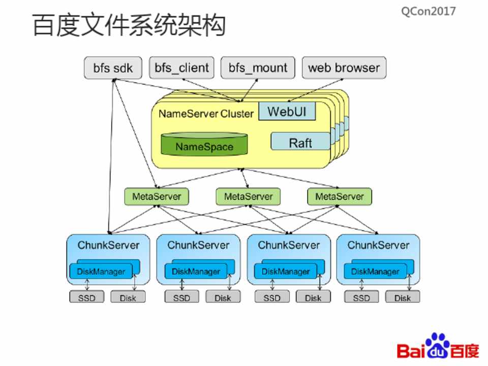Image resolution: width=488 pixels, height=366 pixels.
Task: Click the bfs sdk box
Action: pyautogui.click(x=112, y=68)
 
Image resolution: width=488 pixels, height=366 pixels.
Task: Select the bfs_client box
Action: pyautogui.click(x=181, y=68)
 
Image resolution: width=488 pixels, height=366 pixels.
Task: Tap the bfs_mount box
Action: pyautogui.click(x=258, y=68)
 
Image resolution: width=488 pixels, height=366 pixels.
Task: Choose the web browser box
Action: pyautogui.click(x=344, y=68)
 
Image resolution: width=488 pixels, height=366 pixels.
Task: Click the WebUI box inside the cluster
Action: pyautogui.click(x=287, y=111)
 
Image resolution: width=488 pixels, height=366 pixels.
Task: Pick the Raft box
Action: pyautogui.click(x=300, y=142)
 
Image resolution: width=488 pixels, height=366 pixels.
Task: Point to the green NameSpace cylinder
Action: pyautogui.click(x=204, y=145)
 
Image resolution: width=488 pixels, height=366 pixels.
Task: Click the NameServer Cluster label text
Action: pyautogui.click(x=205, y=113)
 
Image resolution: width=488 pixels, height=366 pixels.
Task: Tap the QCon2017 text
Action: pyautogui.click(x=428, y=11)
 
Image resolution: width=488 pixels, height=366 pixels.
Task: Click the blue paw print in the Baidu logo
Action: pyautogui.click(x=438, y=346)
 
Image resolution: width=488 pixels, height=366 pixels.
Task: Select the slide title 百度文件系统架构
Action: pyautogui.click(x=129, y=25)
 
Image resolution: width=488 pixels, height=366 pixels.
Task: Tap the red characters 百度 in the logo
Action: pyautogui.click(x=465, y=351)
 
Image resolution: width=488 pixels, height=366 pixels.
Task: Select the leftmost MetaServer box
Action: pyautogui.click(x=157, y=196)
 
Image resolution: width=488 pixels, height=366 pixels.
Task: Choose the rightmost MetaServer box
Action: pyautogui.click(x=339, y=196)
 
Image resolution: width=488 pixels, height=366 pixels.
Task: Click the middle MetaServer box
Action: pyautogui.click(x=248, y=196)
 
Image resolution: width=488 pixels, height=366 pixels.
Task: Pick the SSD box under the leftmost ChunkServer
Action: pyautogui.click(x=86, y=297)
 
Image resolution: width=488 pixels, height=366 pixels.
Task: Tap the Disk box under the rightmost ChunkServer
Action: pyautogui.click(x=402, y=297)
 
